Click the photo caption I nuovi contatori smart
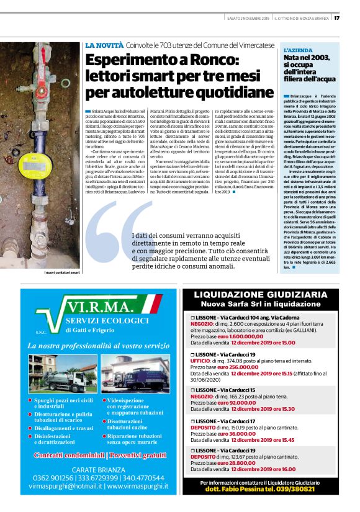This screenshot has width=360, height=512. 62,272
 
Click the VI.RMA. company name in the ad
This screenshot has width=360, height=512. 100,308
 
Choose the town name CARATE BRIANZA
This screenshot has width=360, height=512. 98,469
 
